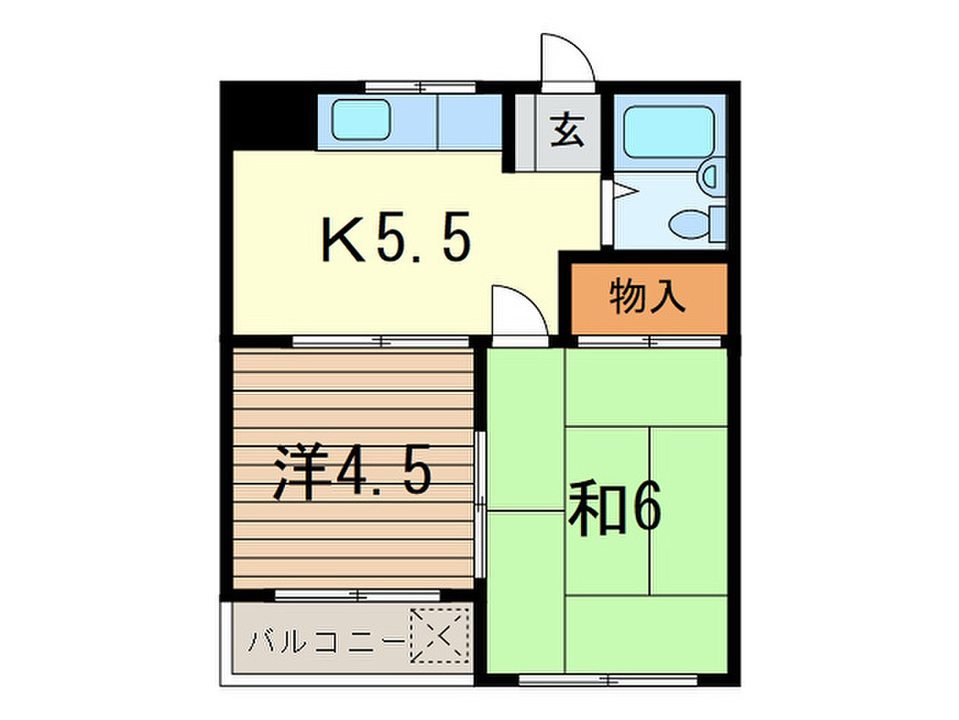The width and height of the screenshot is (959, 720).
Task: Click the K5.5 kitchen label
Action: click(x=397, y=237)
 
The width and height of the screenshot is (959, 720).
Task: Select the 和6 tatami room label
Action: click(x=614, y=507)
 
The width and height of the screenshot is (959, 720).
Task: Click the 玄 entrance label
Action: click(x=566, y=130)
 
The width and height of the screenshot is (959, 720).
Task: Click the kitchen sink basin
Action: click(x=361, y=119)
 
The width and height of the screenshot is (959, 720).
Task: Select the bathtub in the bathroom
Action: click(x=669, y=132)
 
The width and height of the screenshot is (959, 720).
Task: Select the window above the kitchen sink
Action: click(x=420, y=88)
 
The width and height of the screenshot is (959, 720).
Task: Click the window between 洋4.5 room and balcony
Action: click(x=357, y=595)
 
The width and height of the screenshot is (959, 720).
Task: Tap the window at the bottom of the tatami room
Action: click(x=608, y=680)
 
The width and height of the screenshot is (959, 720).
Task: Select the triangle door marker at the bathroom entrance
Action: click(x=625, y=191)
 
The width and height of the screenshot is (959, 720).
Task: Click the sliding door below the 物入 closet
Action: click(x=649, y=341)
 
